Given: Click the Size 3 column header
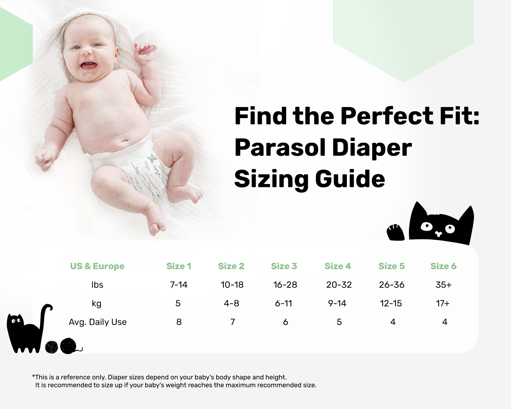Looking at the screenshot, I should tap(284, 266).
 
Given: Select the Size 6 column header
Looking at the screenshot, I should tap(443, 266).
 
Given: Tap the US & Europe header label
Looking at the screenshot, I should tap(97, 266).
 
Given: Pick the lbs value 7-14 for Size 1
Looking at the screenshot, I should tap(179, 284).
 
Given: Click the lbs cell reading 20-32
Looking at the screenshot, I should tap(339, 284).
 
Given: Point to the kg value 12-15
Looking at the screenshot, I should tap(391, 303).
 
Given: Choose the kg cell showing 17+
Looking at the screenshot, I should tap(443, 303).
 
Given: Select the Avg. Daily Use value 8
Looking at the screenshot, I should tap(179, 322).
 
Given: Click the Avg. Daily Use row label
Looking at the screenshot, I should tap(97, 322).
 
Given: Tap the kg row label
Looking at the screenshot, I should tap(96, 303).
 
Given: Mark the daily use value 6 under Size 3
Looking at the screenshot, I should tap(285, 322).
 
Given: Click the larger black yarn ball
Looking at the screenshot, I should tap(68, 346).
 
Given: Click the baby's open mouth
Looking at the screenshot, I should tap(88, 65).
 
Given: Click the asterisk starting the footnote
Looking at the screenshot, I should tap(34, 377).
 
